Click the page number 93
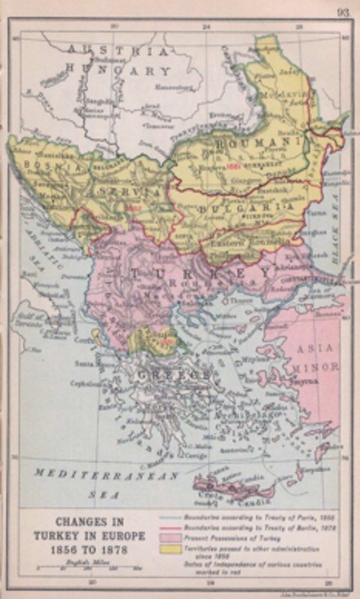tap(343, 12)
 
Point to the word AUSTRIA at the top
tap(117, 51)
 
